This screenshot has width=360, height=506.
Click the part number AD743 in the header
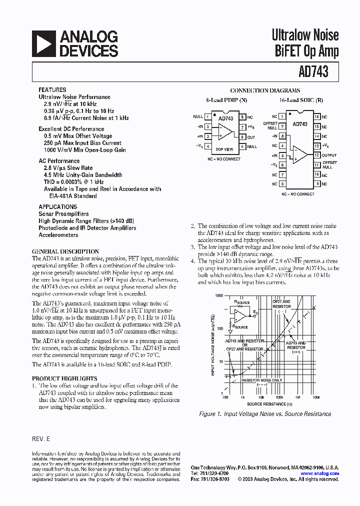coord(314,72)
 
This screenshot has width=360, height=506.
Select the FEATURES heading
coord(52,90)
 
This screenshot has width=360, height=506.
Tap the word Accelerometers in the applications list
coord(58,235)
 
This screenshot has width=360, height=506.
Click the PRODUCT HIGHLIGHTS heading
coord(64,378)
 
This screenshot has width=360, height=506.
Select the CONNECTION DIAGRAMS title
coord(265,90)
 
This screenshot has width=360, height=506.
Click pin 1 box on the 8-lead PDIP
coord(207,116)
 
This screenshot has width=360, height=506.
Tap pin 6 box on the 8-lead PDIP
coord(242,137)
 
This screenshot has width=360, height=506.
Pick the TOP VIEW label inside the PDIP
coord(224,149)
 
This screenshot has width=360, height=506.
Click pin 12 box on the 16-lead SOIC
coord(316,155)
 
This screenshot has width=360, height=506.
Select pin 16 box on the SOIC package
coord(316,116)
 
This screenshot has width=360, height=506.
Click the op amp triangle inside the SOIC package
coord(300,154)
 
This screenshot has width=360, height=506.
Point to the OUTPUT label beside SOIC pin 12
coord(329,155)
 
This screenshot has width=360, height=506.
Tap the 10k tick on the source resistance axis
coord(261,397)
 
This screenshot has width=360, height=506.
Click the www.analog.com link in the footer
coord(319,473)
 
